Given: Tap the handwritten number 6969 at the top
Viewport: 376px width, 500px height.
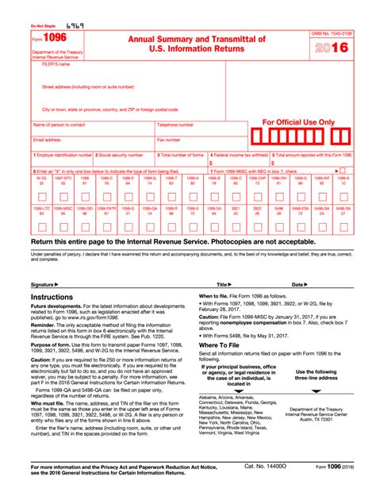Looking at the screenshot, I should coord(75,25).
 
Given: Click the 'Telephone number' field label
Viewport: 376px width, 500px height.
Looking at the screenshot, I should coord(175,125).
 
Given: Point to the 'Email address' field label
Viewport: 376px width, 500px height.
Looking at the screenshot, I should coord(48,140).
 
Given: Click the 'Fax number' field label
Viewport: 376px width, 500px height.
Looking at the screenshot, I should coord(167,140).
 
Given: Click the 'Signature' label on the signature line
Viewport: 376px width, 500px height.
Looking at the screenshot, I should coord(45,283).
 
